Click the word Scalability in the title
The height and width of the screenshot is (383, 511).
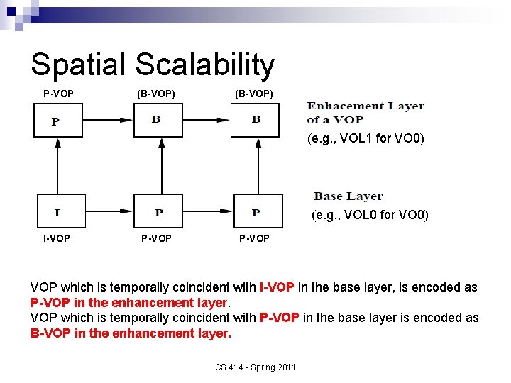(204, 65)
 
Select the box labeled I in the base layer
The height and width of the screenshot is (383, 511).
(61, 211)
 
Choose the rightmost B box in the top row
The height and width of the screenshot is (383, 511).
(256, 120)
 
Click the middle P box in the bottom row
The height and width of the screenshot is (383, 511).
(158, 211)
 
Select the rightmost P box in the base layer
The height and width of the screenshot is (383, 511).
(258, 211)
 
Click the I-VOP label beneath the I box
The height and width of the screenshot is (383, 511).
(56, 238)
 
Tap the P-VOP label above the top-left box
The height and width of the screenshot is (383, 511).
(58, 94)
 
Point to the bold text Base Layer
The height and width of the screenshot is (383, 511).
(348, 196)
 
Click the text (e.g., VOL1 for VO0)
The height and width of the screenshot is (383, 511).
(366, 139)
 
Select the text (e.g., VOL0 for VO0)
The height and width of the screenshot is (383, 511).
(370, 215)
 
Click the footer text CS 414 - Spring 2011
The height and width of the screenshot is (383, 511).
(255, 367)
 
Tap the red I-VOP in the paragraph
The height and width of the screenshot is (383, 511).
(277, 287)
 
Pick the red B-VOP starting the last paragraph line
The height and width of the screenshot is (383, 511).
(50, 333)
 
